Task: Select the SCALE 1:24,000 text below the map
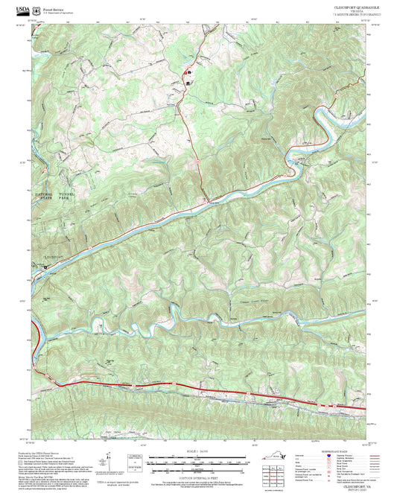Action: click(x=197, y=452)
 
